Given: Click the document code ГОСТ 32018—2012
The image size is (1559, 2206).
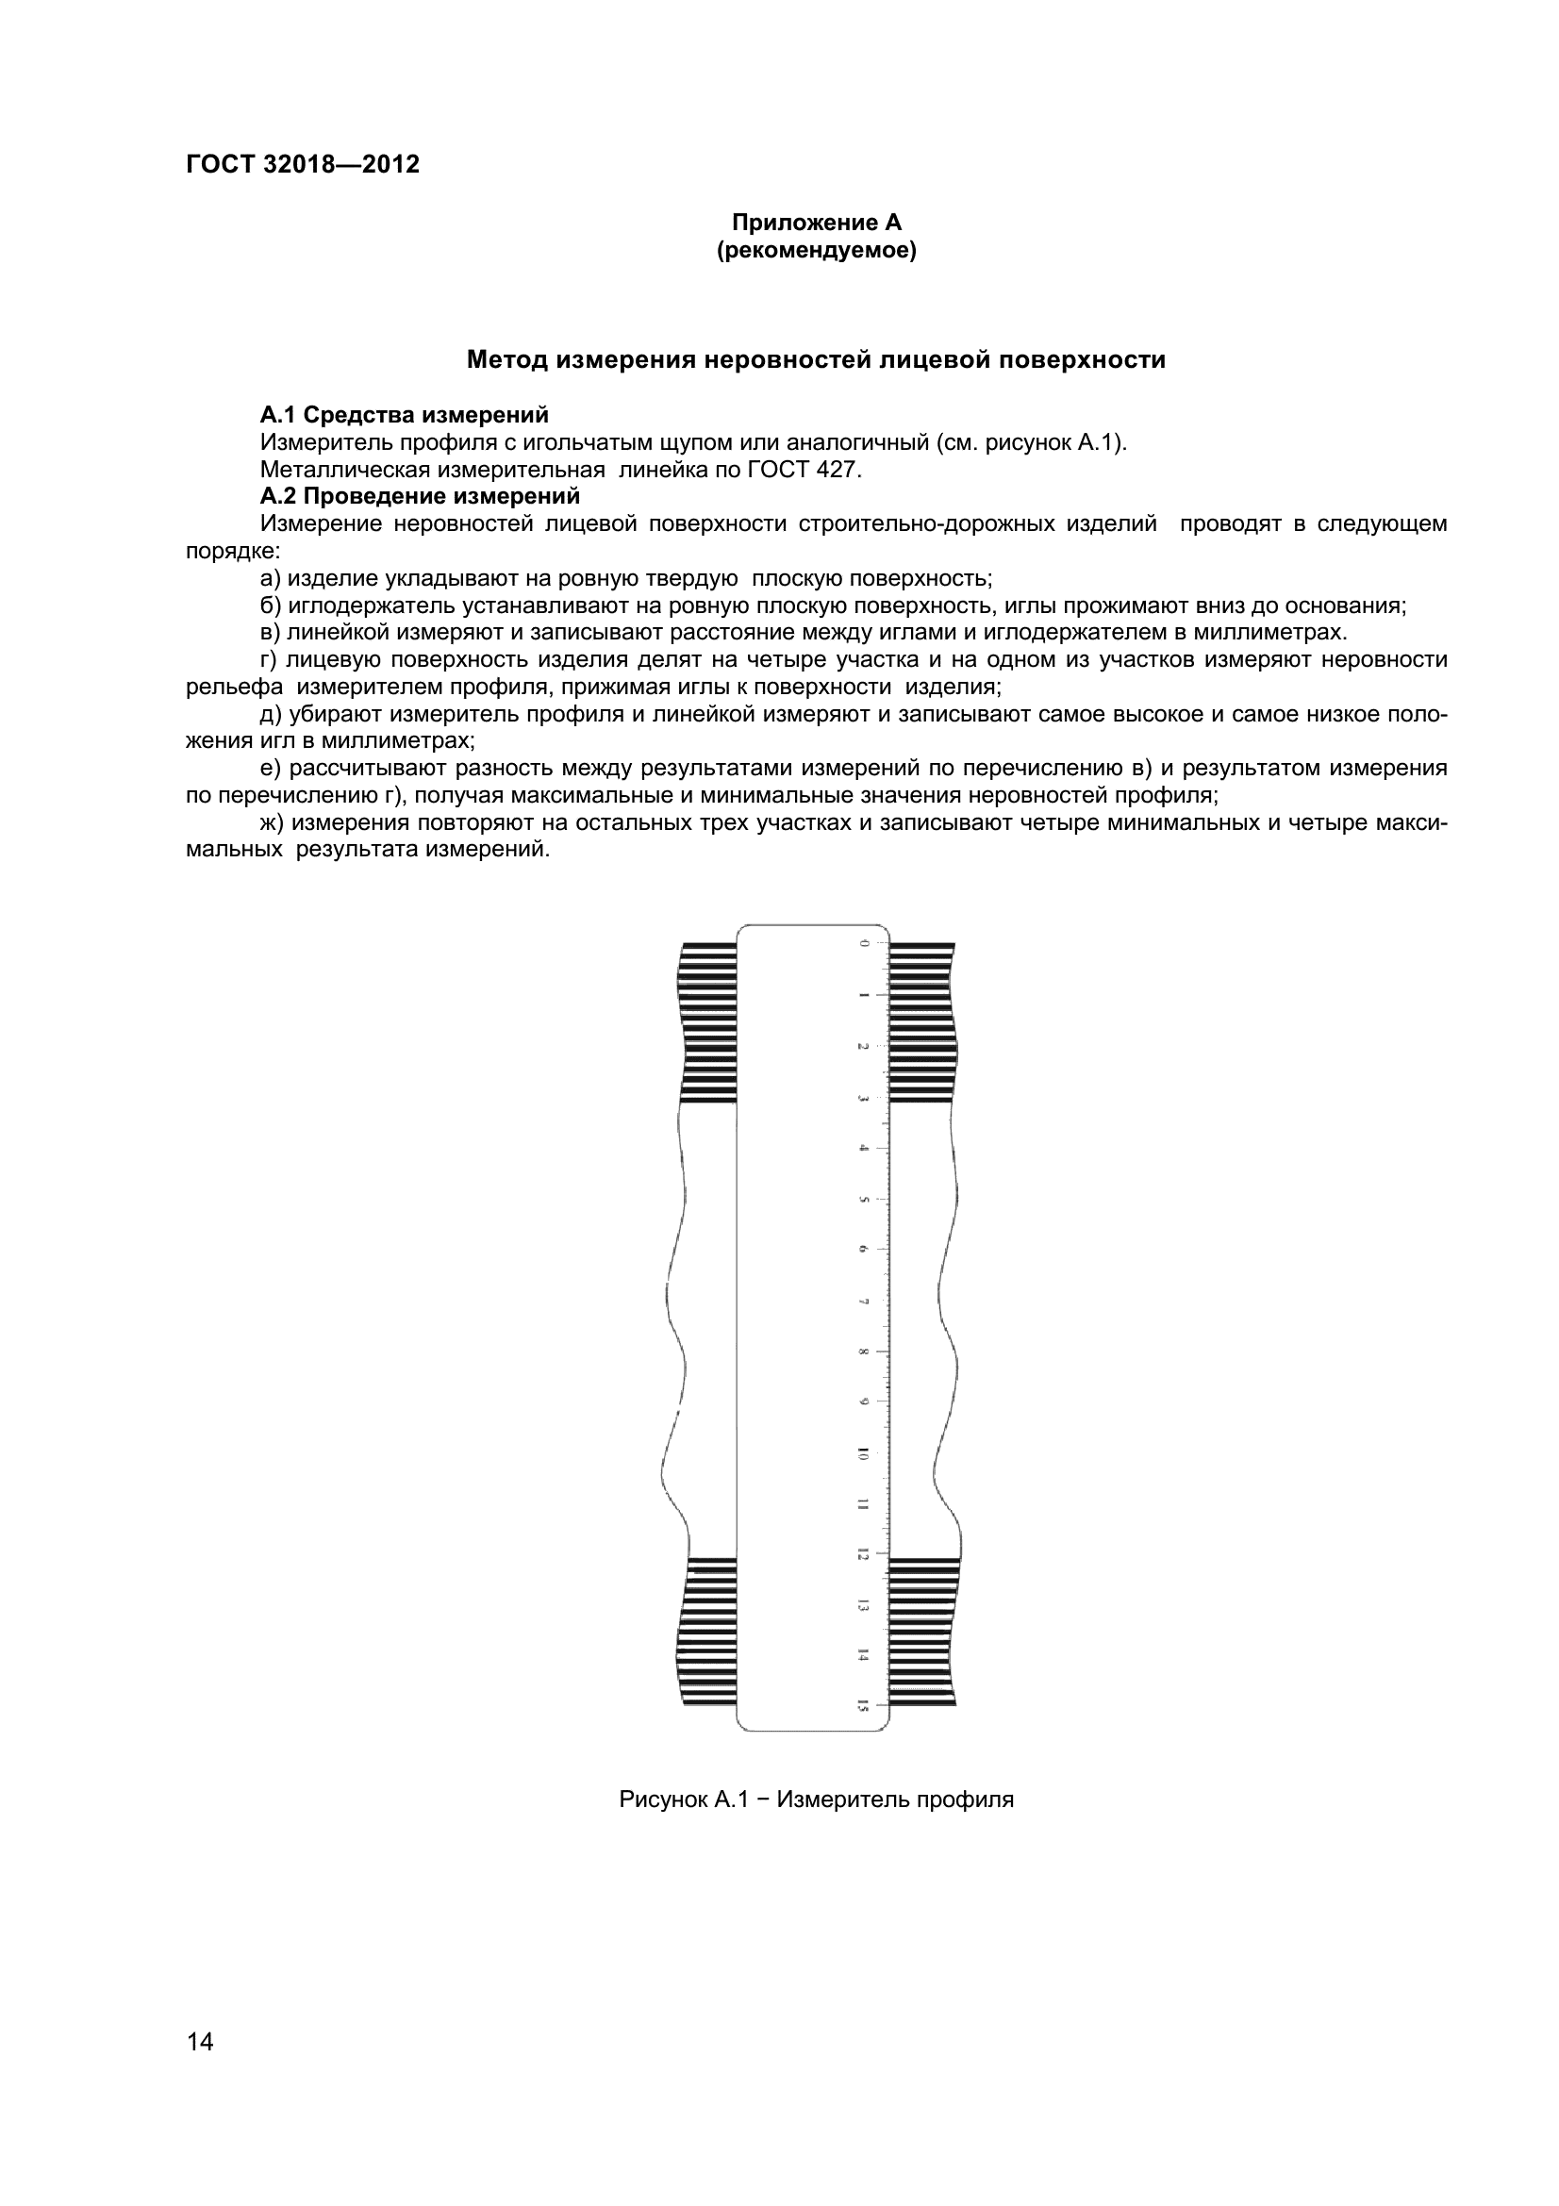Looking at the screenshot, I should [303, 164].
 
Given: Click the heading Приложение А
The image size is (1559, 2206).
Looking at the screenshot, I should [817, 223].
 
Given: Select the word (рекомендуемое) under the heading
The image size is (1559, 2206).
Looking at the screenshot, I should [817, 252].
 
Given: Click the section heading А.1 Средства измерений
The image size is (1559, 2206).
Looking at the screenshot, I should [405, 415].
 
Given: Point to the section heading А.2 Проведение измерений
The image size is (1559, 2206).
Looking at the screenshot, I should [420, 496].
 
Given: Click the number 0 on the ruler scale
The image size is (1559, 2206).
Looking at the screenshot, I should [864, 943].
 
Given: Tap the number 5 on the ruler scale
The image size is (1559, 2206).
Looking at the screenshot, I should [864, 1200].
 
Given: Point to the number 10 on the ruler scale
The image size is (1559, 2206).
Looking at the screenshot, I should [863, 1455].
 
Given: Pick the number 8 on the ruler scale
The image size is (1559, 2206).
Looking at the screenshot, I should [864, 1352].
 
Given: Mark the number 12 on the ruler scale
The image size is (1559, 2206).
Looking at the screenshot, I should [863, 1554].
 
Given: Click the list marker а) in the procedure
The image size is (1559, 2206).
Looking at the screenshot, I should [271, 578].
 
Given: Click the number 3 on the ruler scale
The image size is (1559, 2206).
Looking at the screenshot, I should [864, 1098].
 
